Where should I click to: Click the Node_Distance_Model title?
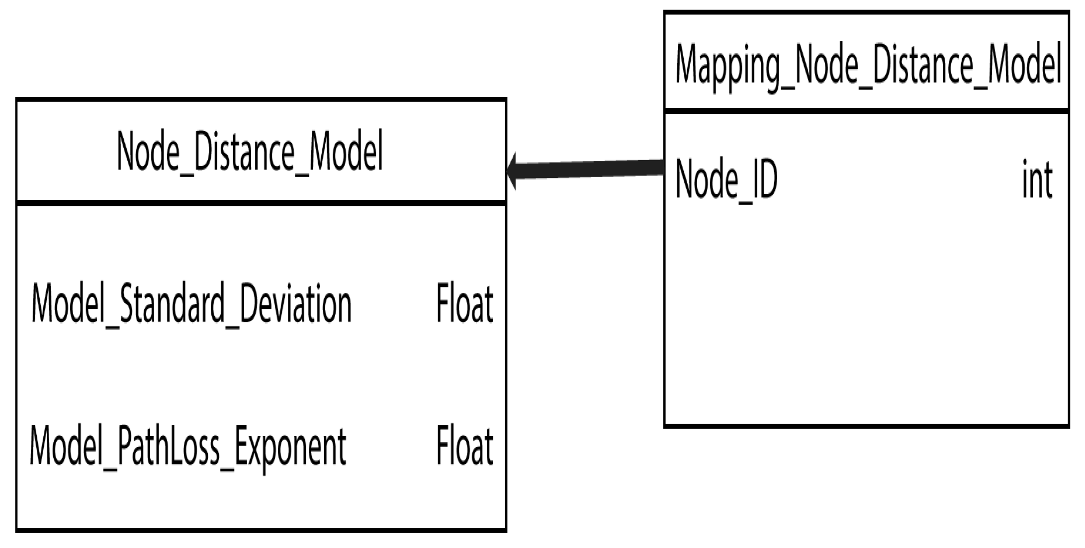250,151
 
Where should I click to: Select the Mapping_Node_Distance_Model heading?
868,65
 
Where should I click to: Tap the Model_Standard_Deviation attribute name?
191,304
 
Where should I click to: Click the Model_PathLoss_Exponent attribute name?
188,446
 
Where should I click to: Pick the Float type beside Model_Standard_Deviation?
464,304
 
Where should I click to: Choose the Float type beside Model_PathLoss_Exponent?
464,446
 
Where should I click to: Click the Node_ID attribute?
726,180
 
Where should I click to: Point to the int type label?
1037,180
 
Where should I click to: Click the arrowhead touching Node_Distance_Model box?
512,171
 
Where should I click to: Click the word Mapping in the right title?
727,65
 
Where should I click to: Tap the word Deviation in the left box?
296,304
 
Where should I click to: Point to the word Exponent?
290,446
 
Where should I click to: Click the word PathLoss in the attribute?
169,446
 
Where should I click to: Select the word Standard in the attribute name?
172,304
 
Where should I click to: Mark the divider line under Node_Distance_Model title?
261,203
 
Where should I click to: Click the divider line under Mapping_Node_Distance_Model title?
866,110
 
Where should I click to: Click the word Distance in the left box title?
244,151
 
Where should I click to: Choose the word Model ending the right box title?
1024,65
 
